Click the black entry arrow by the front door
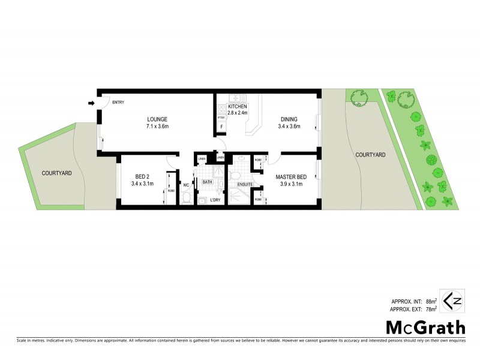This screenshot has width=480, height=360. coord(91,103)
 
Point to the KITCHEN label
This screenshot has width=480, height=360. coord(238,106)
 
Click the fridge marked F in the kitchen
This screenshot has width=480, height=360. coord(221,127)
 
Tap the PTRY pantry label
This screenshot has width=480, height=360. coord(221,118)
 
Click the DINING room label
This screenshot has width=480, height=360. coord(288,119)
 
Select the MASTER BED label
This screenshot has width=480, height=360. coord(292,176)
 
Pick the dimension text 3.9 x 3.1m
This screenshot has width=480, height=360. coord(292,184)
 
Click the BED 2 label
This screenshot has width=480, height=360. coord(142,176)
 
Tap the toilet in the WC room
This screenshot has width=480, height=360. coord(186,197)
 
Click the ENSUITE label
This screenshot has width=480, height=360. coord(245,184)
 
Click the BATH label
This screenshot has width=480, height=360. coord(207,182)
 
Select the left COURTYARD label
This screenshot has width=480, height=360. coord(57,173)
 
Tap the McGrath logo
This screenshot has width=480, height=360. coord(425,328)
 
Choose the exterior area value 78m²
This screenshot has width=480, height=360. coord(431,309)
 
